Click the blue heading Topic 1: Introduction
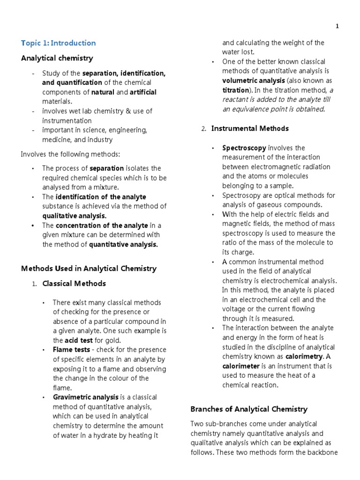pos(58,43)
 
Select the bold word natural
pos(103,92)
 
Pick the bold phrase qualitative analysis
pos(75,216)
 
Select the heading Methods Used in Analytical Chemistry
pos(89,269)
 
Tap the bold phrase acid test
pos(78,340)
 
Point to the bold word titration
pos(236,90)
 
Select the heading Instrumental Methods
pos(250,128)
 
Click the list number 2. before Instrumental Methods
pos(204,129)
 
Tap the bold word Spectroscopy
pos(244,148)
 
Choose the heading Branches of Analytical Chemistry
pos(249,409)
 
